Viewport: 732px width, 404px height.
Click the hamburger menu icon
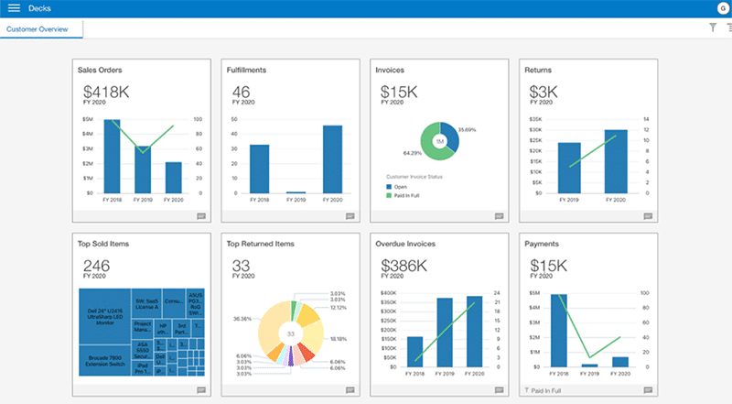pos(14,8)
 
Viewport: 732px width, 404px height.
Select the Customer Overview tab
pos(41,28)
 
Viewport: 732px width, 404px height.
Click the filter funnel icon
pos(713,28)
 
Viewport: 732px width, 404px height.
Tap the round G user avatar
pos(723,8)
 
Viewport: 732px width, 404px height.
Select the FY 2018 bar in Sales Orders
pos(112,156)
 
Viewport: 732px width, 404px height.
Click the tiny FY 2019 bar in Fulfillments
pos(296,192)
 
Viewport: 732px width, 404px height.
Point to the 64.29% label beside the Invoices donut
pos(412,153)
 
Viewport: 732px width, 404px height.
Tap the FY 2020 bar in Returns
pos(616,161)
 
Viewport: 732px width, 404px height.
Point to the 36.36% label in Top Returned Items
pos(242,320)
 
